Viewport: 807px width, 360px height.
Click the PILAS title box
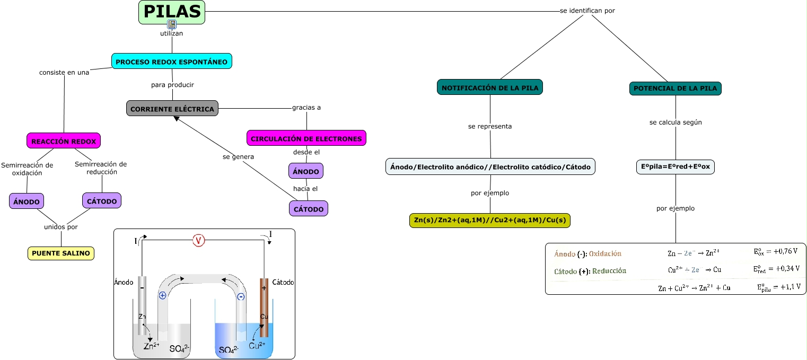pyautogui.click(x=172, y=12)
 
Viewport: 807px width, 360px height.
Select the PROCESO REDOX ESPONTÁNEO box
pyautogui.click(x=172, y=62)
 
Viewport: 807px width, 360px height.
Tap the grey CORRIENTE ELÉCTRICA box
pyautogui.click(x=172, y=109)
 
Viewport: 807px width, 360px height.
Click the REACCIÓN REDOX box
pyautogui.click(x=64, y=141)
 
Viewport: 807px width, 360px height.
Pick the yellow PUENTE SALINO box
pyautogui.click(x=61, y=253)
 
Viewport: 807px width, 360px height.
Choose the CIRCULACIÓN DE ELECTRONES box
pyautogui.click(x=306, y=138)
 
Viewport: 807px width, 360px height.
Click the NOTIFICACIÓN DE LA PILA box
pyautogui.click(x=490, y=87)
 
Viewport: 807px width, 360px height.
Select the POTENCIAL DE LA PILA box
pyautogui.click(x=676, y=88)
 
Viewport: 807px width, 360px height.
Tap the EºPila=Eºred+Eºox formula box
pyautogui.click(x=676, y=167)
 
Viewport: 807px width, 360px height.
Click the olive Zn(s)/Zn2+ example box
pyautogui.click(x=490, y=221)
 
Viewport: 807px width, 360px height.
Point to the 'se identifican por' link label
pyautogui.click(x=587, y=11)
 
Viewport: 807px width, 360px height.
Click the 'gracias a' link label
pyautogui.click(x=306, y=108)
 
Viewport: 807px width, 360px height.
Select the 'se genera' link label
pyautogui.click(x=238, y=157)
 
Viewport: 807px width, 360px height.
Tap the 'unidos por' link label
pyautogui.click(x=61, y=227)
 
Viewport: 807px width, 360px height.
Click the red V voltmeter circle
pyautogui.click(x=198, y=241)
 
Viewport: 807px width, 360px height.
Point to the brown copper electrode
pyautogui.click(x=264, y=308)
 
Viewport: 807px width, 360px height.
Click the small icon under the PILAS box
pyautogui.click(x=172, y=24)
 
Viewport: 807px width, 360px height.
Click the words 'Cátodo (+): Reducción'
pyautogui.click(x=590, y=271)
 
